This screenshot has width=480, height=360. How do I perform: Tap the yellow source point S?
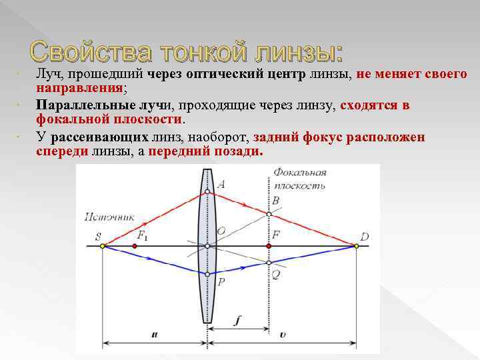point(103,246)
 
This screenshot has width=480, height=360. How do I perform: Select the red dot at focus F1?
point(135,246)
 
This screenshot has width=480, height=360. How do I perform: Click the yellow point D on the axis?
point(357,246)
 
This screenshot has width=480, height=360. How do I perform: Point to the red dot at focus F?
point(269,246)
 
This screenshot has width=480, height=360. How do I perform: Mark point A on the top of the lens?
point(207,192)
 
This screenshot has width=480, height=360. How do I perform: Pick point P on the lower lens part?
point(207,274)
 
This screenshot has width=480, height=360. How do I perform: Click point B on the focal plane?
point(269,213)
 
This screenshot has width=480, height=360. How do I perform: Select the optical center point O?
point(207,246)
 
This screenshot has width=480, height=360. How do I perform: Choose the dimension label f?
point(238,320)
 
